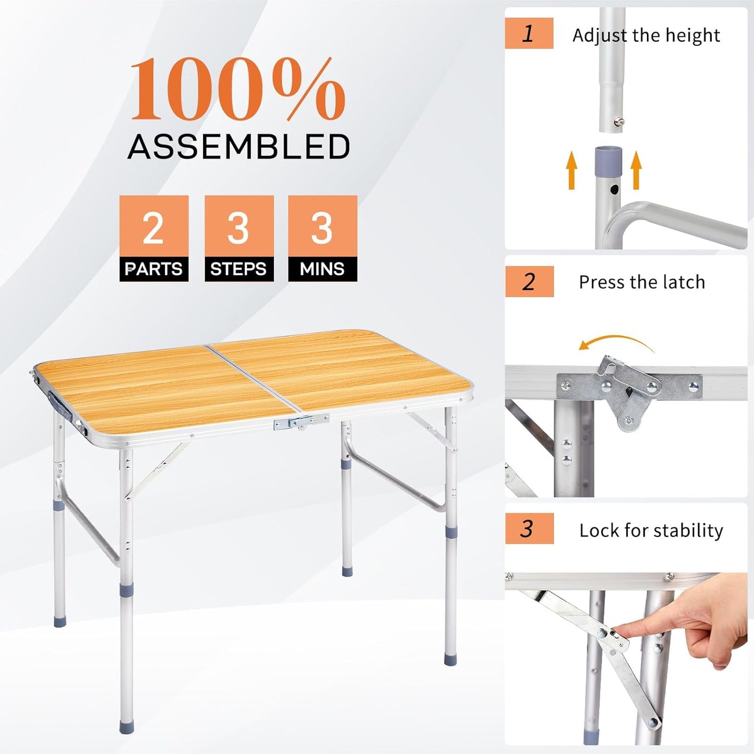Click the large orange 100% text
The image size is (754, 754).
pos(237,90)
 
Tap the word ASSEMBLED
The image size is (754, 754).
pos(239,147)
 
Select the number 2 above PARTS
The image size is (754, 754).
pos(153,228)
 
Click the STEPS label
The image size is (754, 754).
pos(238,269)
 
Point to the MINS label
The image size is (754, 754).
pos(322,269)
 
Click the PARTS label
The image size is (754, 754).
pos(154,269)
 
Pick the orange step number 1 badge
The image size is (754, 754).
pos(529,33)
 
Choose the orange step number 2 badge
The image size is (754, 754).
pos(529,282)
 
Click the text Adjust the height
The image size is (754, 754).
pos(646,35)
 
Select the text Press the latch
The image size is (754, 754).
pos(642,282)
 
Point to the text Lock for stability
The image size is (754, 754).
pos(651,531)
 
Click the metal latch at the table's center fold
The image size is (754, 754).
pos(301,421)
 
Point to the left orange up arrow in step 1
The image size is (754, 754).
pos(572,170)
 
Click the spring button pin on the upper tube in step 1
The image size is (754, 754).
pos(619,122)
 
